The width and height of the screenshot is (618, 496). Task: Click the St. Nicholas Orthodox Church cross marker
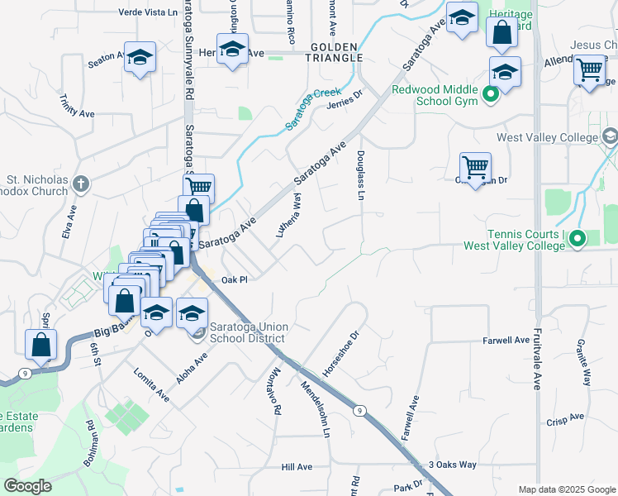[80, 184]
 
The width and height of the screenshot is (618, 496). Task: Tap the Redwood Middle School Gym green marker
[492, 95]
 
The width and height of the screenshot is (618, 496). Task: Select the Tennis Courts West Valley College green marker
[578, 240]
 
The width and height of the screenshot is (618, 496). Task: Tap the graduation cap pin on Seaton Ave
[140, 57]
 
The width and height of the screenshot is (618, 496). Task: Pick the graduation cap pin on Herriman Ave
[233, 48]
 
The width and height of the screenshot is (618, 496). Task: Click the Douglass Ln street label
[361, 175]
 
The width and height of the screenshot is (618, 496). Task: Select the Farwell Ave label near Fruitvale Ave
[506, 340]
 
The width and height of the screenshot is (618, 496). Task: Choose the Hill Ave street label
[297, 467]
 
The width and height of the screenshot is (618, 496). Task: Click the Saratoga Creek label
[313, 109]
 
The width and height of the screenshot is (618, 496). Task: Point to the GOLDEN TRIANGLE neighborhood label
[336, 52]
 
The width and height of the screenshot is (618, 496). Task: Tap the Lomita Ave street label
[151, 385]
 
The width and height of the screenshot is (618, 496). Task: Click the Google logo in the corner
[27, 486]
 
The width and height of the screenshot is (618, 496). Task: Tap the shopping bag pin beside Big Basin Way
[40, 345]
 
